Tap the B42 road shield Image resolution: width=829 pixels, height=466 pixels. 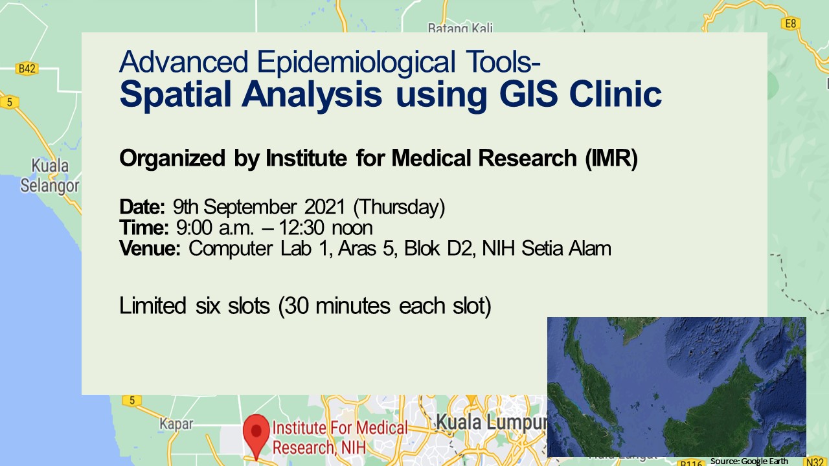27,69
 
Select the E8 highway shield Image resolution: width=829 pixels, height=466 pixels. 790,23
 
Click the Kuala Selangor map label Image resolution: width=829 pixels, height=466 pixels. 50,175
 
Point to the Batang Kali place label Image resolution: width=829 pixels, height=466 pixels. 460,27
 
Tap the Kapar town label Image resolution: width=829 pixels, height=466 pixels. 176,424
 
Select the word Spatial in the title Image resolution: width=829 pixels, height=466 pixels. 175,94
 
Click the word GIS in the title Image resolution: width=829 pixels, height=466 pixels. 528,94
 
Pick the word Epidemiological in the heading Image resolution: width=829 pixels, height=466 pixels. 356,62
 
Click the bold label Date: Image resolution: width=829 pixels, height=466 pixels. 142,206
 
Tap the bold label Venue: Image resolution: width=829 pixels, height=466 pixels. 150,248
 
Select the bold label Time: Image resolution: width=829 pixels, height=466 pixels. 144,227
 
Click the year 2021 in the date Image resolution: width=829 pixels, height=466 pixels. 325,206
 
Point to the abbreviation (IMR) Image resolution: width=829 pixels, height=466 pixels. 611,159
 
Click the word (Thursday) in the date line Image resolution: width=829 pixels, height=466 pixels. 399,207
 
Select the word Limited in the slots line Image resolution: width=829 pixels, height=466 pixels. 152,306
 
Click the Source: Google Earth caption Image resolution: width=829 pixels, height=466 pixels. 749,461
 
